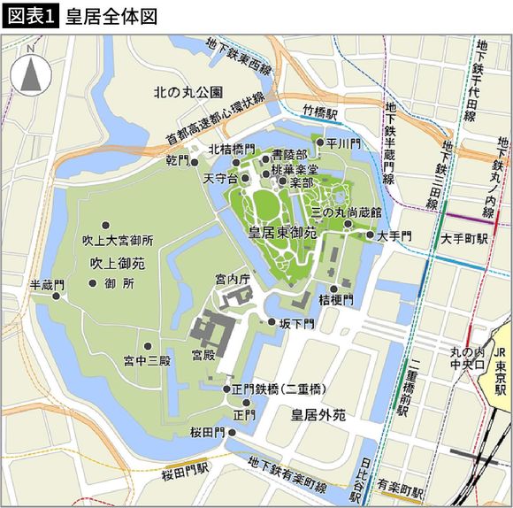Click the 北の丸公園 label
[x=188, y=91]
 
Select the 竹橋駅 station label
[x=320, y=112]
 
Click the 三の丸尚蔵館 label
[x=346, y=213]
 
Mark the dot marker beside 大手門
[x=370, y=235]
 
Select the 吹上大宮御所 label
[x=118, y=240]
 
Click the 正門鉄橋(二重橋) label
[x=280, y=389]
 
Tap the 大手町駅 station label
[x=464, y=239]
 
